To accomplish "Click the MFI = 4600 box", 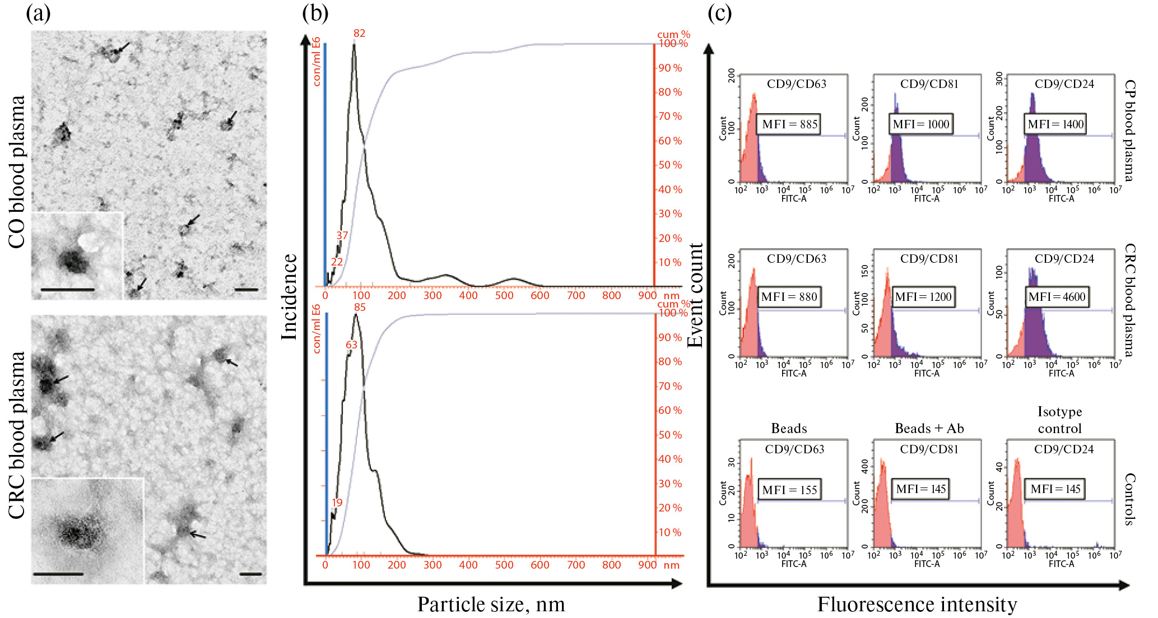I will pyautogui.click(x=1057, y=297).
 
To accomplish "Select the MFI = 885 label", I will pyautogui.click(x=789, y=124).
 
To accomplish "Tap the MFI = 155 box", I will pyautogui.click(x=789, y=490).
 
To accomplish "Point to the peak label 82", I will pyautogui.click(x=359, y=34).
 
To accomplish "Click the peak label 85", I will pyautogui.click(x=360, y=307).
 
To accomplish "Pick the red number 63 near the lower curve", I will pyautogui.click(x=351, y=345).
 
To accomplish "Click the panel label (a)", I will pyautogui.click(x=38, y=13).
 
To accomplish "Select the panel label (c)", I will pyautogui.click(x=719, y=13).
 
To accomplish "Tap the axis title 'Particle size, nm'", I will pyautogui.click(x=491, y=605).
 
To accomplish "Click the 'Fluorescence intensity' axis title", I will pyautogui.click(x=917, y=605).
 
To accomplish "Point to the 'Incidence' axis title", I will pyautogui.click(x=289, y=297).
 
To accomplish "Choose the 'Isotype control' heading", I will pyautogui.click(x=1059, y=420).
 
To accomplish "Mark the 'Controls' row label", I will pyautogui.click(x=1129, y=499).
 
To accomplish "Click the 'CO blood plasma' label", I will pyautogui.click(x=17, y=171).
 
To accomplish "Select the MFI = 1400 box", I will pyautogui.click(x=1055, y=124).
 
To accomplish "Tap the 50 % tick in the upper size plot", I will pyautogui.click(x=670, y=165).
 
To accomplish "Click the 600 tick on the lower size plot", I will pyautogui.click(x=540, y=565).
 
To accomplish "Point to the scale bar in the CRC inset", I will pyautogui.click(x=58, y=574).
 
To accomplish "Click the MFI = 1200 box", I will pyautogui.click(x=923, y=297).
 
